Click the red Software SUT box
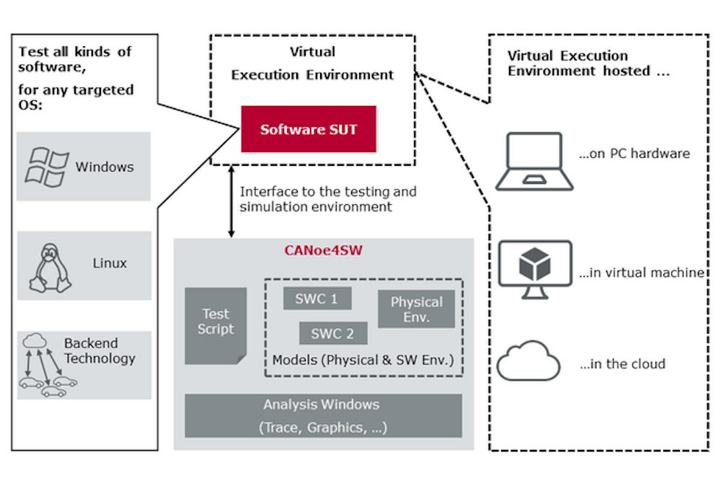coord(309,129)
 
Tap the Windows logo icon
coord(47,166)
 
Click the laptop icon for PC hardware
coord(534,161)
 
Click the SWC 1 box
coord(316,299)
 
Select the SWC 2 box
coord(332,333)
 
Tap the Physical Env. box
coord(416,309)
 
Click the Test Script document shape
coord(216,324)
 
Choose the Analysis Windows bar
coord(322,415)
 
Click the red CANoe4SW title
coord(322,252)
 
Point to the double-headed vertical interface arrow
coord(231,202)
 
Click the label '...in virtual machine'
coord(641,273)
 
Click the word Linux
coord(110,263)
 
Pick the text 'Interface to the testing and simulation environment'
coord(328,199)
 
